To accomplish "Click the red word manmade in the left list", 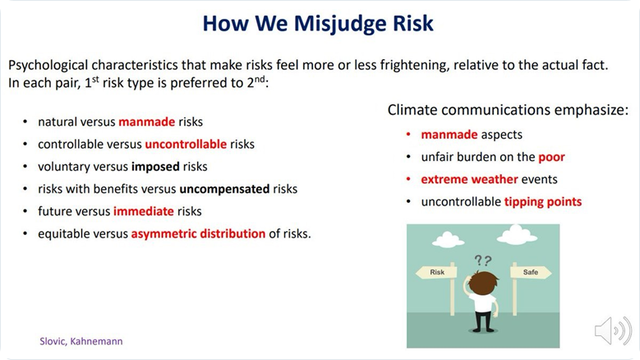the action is tap(147, 122).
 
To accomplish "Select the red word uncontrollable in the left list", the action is tap(186, 144).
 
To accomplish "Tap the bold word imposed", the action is tap(155, 167).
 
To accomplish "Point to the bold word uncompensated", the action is tap(224, 189).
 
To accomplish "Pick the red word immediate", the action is tap(144, 211).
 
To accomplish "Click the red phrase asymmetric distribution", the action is tap(198, 233).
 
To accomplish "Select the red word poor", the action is tap(551, 158).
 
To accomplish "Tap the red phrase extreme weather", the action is tap(469, 179).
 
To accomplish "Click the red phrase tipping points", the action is tap(543, 201).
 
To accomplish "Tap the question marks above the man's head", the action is tap(483, 260).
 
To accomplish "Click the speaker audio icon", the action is tap(613, 330).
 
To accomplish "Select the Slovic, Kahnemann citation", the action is tap(81, 341).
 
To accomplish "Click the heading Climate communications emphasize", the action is tap(508, 110).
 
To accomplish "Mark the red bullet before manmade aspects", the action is tap(408, 134).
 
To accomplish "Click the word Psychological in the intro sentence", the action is tap(48, 65).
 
